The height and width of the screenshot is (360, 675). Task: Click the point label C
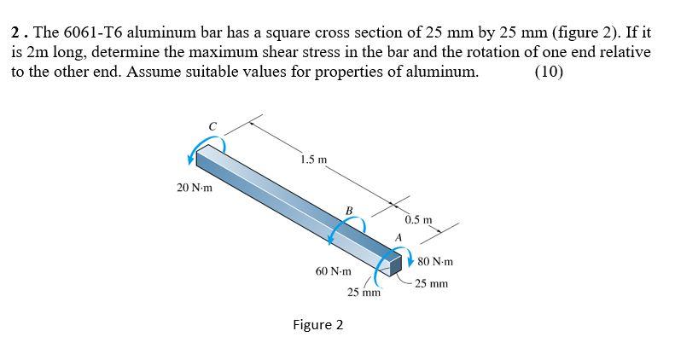[x=212, y=126]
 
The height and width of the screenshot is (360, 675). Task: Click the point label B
[x=349, y=211]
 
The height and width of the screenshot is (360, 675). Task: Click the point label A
[x=399, y=237]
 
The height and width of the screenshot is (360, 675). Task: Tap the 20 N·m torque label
[x=195, y=188]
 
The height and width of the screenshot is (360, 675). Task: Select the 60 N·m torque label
[x=333, y=271]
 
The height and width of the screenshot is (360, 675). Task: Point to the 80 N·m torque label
[x=435, y=262]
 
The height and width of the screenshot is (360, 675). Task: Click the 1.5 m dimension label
[x=314, y=160]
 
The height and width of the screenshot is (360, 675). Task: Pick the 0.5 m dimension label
[x=418, y=220]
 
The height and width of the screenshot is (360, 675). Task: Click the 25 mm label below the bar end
[x=364, y=293]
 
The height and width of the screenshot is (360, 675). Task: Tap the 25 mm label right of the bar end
[x=431, y=283]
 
